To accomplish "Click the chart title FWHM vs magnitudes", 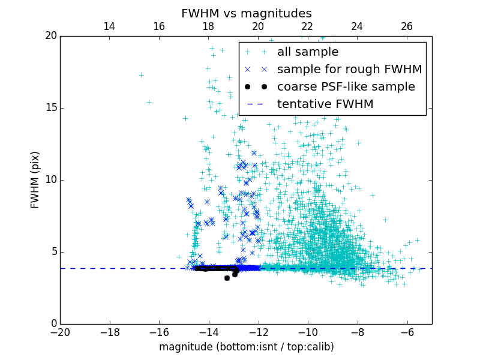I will click(x=246, y=13).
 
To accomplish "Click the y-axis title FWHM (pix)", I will click(x=35, y=179).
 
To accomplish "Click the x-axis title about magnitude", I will click(x=246, y=347).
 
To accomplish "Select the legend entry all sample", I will click(x=308, y=52).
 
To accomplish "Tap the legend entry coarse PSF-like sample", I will click(x=346, y=86).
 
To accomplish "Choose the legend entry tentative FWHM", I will click(x=325, y=104).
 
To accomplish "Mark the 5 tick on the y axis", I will click(x=53, y=252).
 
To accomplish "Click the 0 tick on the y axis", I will click(x=53, y=324).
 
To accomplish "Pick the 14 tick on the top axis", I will click(x=109, y=26).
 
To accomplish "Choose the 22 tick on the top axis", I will click(x=307, y=26).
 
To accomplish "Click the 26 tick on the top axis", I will click(x=407, y=26).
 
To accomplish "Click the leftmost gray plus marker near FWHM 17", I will click(x=141, y=75).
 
